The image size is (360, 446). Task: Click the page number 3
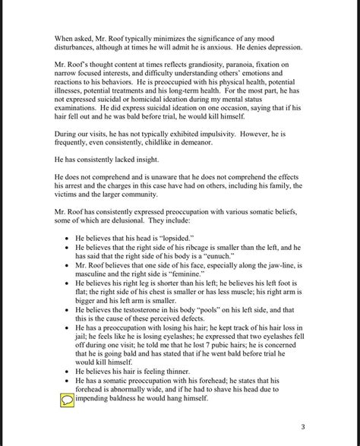point(302,426)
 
